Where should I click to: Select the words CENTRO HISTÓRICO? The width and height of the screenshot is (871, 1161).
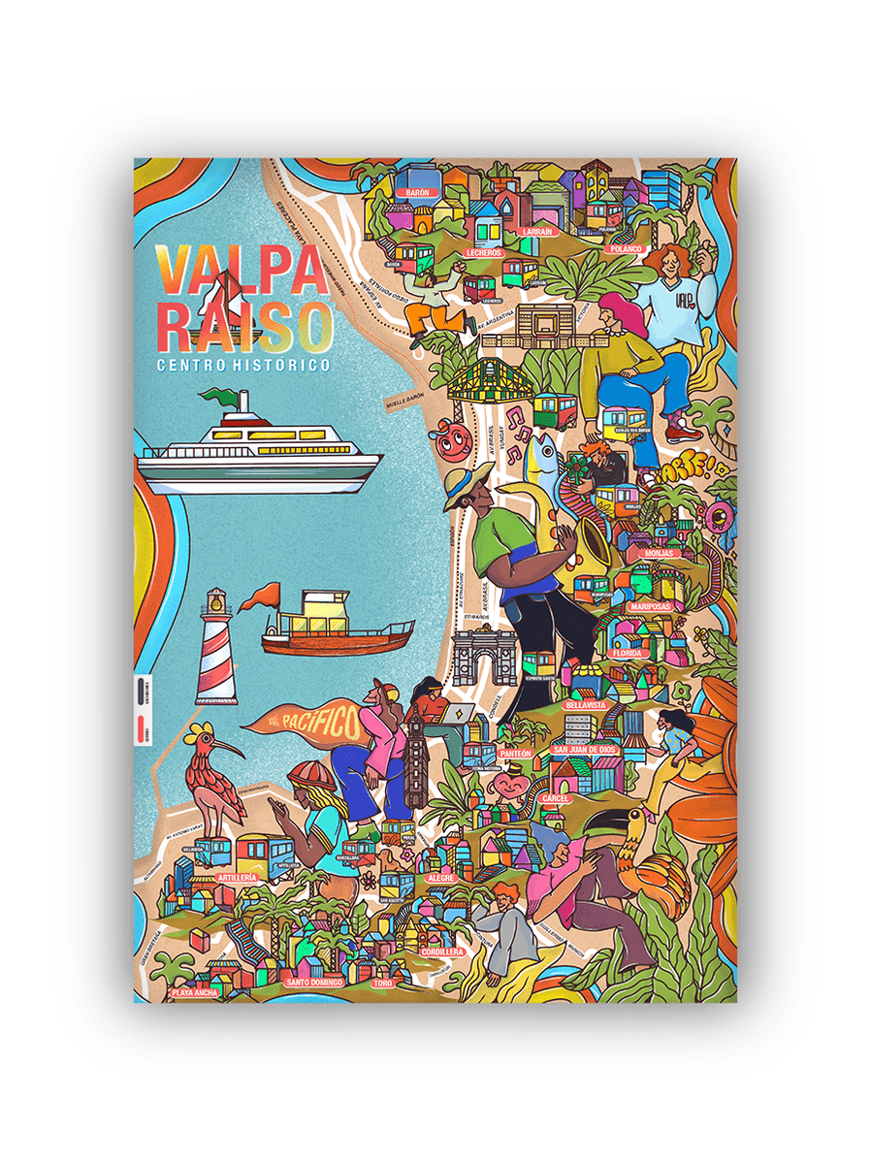coord(242,365)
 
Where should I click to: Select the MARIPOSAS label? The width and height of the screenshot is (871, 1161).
coord(657,606)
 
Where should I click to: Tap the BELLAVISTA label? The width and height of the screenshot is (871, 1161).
coord(586,705)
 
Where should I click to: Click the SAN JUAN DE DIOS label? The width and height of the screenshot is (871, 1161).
coord(584,750)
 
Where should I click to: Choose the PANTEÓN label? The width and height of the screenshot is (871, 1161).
coord(515,753)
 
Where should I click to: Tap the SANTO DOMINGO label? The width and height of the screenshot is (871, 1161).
coord(314,983)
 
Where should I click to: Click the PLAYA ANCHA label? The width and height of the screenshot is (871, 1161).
coord(194,992)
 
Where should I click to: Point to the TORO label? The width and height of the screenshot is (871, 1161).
coord(381,983)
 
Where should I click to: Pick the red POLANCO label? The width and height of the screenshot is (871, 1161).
coord(627,249)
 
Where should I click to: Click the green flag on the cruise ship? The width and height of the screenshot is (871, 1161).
coord(218,397)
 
